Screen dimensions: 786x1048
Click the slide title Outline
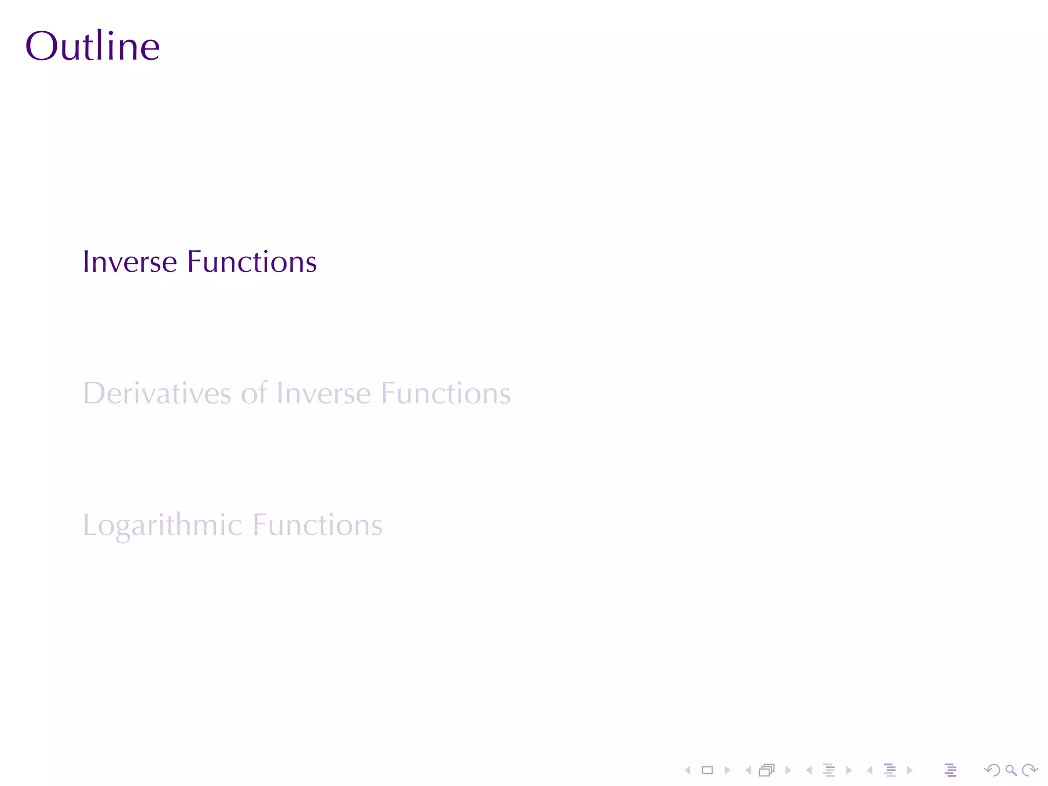[x=93, y=46]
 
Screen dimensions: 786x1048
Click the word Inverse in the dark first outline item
[x=130, y=262]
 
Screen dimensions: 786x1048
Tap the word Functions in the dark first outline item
[x=252, y=262]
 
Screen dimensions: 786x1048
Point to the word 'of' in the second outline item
[x=254, y=394]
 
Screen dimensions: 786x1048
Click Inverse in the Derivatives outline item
[x=323, y=394]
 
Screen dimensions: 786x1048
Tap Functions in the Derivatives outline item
[x=446, y=394]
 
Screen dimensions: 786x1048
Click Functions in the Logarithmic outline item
[x=317, y=525]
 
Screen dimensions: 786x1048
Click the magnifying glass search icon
[x=1011, y=770]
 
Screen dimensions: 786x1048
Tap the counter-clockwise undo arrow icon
[x=992, y=770]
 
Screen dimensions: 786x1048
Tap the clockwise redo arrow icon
[x=1030, y=770]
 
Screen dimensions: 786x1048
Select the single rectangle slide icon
[x=707, y=770]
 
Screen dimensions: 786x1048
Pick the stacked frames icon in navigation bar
[x=767, y=770]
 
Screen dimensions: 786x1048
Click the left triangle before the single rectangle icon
[x=688, y=770]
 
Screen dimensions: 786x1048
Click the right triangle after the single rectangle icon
[x=727, y=770]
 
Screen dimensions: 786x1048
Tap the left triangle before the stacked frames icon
[x=748, y=770]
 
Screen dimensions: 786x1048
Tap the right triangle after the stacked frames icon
[x=788, y=770]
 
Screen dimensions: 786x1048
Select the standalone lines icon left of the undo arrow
[x=950, y=770]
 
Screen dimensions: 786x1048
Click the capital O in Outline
[x=40, y=46]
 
